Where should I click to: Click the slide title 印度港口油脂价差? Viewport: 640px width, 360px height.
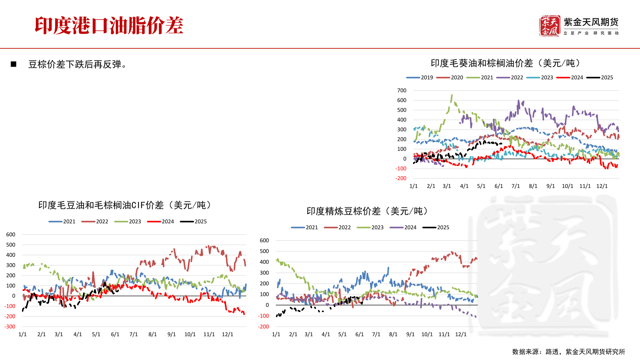[x=109, y=26]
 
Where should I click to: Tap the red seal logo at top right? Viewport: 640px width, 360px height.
[x=549, y=26]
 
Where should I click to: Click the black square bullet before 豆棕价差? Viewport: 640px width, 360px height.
[x=14, y=64]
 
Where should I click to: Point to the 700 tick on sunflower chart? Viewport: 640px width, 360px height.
[x=402, y=90]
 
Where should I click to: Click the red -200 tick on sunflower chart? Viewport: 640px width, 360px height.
[x=401, y=178]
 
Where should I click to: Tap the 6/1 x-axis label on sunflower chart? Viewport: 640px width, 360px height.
[x=498, y=186]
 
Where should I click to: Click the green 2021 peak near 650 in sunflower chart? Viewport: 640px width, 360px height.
[x=452, y=96]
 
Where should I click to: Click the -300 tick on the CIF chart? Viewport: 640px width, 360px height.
[x=10, y=327]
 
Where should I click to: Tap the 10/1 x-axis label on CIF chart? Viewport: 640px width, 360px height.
[x=190, y=334]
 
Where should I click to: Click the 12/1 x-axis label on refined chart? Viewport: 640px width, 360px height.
[x=461, y=334]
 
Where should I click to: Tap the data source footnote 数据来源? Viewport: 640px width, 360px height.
[x=568, y=352]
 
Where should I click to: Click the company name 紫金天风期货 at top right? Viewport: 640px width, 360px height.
[x=591, y=22]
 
